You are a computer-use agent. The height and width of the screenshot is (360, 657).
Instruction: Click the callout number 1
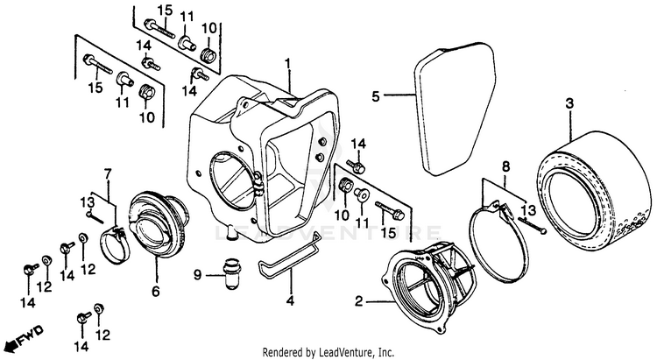click(x=287, y=63)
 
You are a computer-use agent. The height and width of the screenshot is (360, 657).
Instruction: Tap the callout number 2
click(x=357, y=302)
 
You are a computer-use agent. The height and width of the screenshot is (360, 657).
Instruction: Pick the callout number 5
click(x=375, y=95)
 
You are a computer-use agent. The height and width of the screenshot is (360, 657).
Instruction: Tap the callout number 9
click(x=198, y=274)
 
